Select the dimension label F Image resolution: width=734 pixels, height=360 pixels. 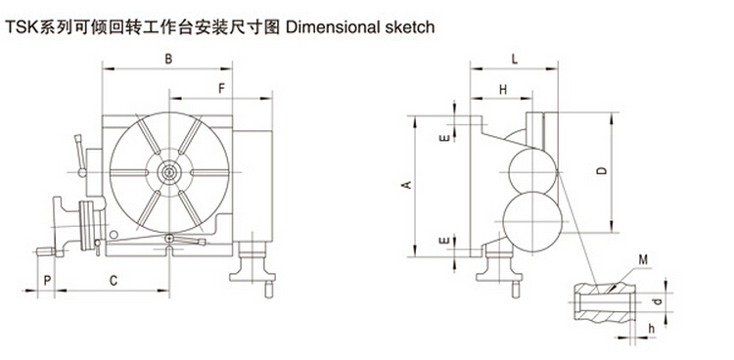point(222,89)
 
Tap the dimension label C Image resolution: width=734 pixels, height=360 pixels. point(114,281)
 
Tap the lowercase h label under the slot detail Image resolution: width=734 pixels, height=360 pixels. point(651,329)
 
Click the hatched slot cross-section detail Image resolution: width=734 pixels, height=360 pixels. point(604,304)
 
